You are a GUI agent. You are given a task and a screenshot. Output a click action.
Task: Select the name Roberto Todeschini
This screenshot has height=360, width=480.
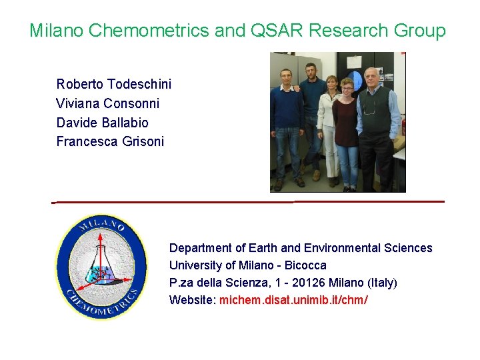(113, 84)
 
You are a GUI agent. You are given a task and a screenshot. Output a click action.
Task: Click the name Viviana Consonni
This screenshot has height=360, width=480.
(107, 103)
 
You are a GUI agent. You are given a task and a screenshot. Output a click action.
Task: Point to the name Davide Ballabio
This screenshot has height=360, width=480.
(102, 123)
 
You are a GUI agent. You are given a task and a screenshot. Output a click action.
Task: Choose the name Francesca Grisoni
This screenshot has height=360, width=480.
(110, 141)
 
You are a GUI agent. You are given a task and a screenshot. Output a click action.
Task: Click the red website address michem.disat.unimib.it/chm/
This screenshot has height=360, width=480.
(293, 300)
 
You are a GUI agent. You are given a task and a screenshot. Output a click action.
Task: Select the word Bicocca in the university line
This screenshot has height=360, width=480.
(303, 265)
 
